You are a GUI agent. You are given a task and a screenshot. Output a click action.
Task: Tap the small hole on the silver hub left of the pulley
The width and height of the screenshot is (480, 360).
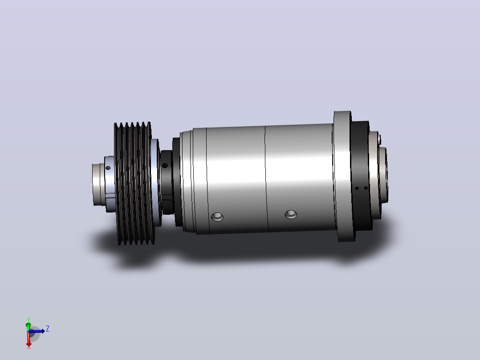coord(108,168)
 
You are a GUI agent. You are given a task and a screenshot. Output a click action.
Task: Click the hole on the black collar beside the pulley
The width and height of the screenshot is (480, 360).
coord(165,165)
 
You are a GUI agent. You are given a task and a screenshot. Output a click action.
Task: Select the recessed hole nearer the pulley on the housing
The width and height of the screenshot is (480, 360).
coord(217,217)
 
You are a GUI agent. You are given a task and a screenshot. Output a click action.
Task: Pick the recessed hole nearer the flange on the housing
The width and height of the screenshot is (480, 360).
coord(291,214)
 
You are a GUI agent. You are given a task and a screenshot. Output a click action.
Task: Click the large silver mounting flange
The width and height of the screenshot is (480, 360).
coord(344,176)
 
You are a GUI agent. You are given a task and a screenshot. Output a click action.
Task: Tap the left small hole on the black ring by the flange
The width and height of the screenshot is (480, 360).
coord(357,188)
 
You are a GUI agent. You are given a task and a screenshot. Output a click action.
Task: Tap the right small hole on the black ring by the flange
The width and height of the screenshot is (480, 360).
coord(366,188)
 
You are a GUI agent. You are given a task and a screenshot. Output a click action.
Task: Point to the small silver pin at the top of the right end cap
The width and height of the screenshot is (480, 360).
coord(379,139)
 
